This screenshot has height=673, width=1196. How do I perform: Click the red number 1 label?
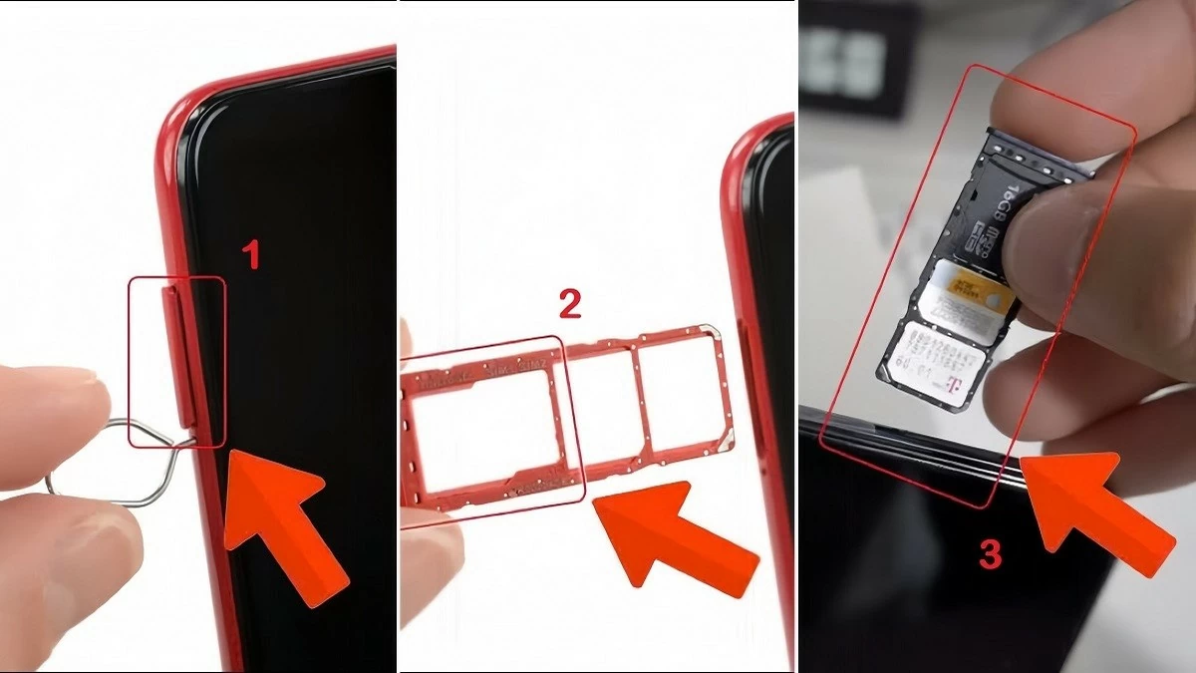pos(252,255)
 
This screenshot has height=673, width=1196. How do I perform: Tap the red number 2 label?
pos(569,304)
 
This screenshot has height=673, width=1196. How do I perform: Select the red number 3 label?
pos(989,554)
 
